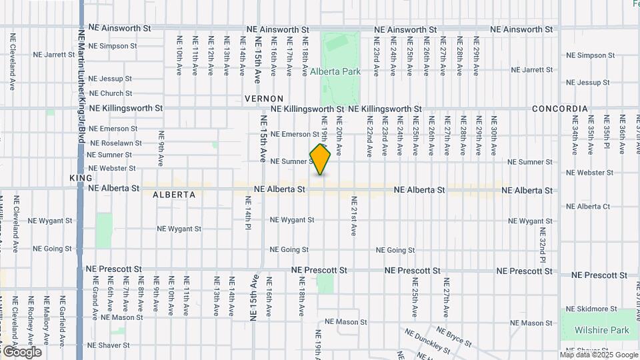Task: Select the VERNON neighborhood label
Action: (264, 99)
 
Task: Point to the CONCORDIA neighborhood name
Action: (560, 109)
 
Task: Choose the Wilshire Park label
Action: (601, 330)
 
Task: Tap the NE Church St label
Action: (110, 93)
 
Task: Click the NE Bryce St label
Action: (454, 336)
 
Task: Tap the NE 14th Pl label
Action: (247, 213)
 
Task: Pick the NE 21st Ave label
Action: (353, 216)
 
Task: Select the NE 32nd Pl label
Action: (543, 245)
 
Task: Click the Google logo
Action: (22, 351)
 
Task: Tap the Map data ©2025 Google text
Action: (597, 355)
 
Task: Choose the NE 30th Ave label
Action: (494, 136)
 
